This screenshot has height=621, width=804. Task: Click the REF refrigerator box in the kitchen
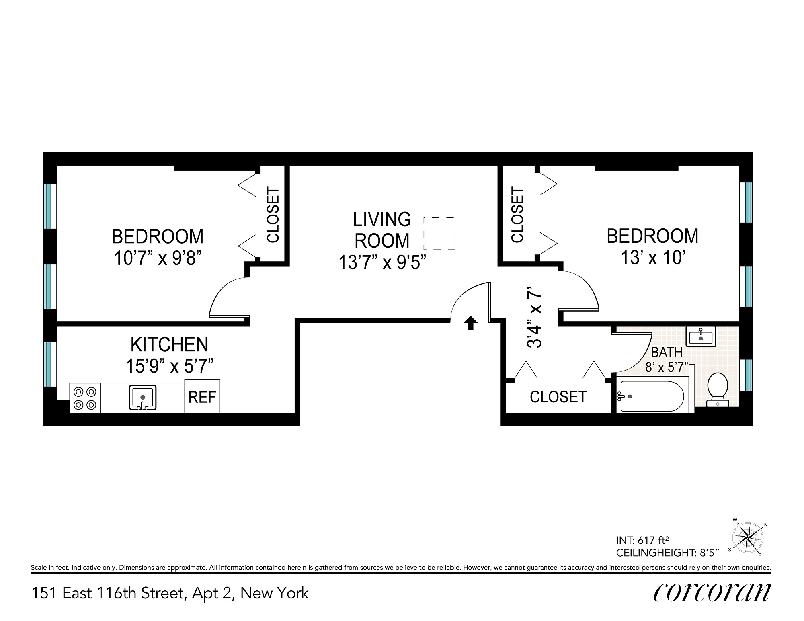[202, 396]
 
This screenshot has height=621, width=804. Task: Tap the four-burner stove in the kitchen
[85, 398]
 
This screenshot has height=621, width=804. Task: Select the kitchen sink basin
[142, 398]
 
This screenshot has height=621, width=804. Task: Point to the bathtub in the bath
[652, 396]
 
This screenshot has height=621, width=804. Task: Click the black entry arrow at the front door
[471, 323]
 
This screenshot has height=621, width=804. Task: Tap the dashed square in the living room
[439, 234]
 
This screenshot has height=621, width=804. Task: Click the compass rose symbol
[747, 537]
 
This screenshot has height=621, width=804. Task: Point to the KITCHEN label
[170, 344]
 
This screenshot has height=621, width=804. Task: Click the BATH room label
[667, 352]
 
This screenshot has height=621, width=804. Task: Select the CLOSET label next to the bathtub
[558, 397]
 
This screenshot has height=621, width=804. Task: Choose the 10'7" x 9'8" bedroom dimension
[158, 258]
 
